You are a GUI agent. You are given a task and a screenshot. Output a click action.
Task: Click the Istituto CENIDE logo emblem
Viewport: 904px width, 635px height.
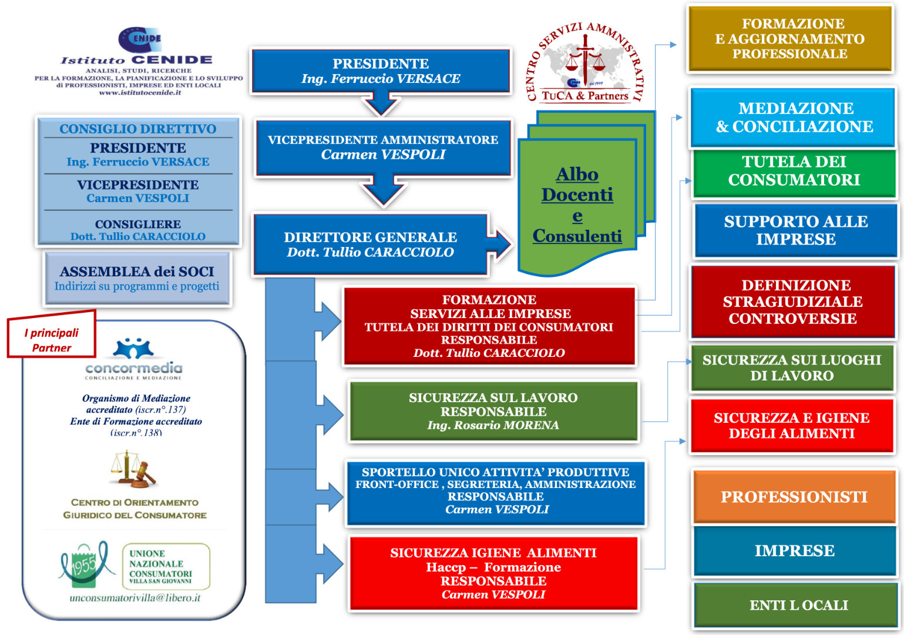point(140,39)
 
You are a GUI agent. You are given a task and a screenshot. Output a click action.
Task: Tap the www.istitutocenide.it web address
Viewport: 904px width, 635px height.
point(140,92)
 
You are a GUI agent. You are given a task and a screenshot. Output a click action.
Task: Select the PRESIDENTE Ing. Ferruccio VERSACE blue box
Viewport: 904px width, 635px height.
point(381,71)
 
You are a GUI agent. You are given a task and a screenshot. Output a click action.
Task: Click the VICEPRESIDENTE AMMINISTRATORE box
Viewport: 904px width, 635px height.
point(383,148)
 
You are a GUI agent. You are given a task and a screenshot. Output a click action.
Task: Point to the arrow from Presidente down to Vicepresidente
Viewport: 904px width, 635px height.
point(381,103)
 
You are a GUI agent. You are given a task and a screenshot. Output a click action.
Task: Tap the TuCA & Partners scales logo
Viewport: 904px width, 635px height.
point(584,62)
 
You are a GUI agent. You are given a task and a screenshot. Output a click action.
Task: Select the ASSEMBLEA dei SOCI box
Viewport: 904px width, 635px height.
point(137,278)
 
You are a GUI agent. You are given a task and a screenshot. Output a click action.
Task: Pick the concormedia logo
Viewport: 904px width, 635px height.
point(133,359)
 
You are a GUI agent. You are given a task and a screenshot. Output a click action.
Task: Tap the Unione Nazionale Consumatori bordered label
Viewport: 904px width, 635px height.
point(166,566)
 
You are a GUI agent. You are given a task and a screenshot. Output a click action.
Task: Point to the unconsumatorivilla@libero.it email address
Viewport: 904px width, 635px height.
point(135,598)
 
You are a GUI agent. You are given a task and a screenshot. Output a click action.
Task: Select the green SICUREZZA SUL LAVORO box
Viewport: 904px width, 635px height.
point(493,411)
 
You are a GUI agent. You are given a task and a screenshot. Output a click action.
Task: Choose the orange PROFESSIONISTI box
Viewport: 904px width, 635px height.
point(794,496)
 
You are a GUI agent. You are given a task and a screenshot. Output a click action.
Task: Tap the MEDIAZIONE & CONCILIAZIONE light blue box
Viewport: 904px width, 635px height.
point(793,118)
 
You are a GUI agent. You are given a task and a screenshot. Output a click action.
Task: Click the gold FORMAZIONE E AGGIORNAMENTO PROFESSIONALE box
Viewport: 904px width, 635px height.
point(790,39)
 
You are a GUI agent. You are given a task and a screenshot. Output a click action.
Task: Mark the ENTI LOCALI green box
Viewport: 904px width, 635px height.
point(797,604)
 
